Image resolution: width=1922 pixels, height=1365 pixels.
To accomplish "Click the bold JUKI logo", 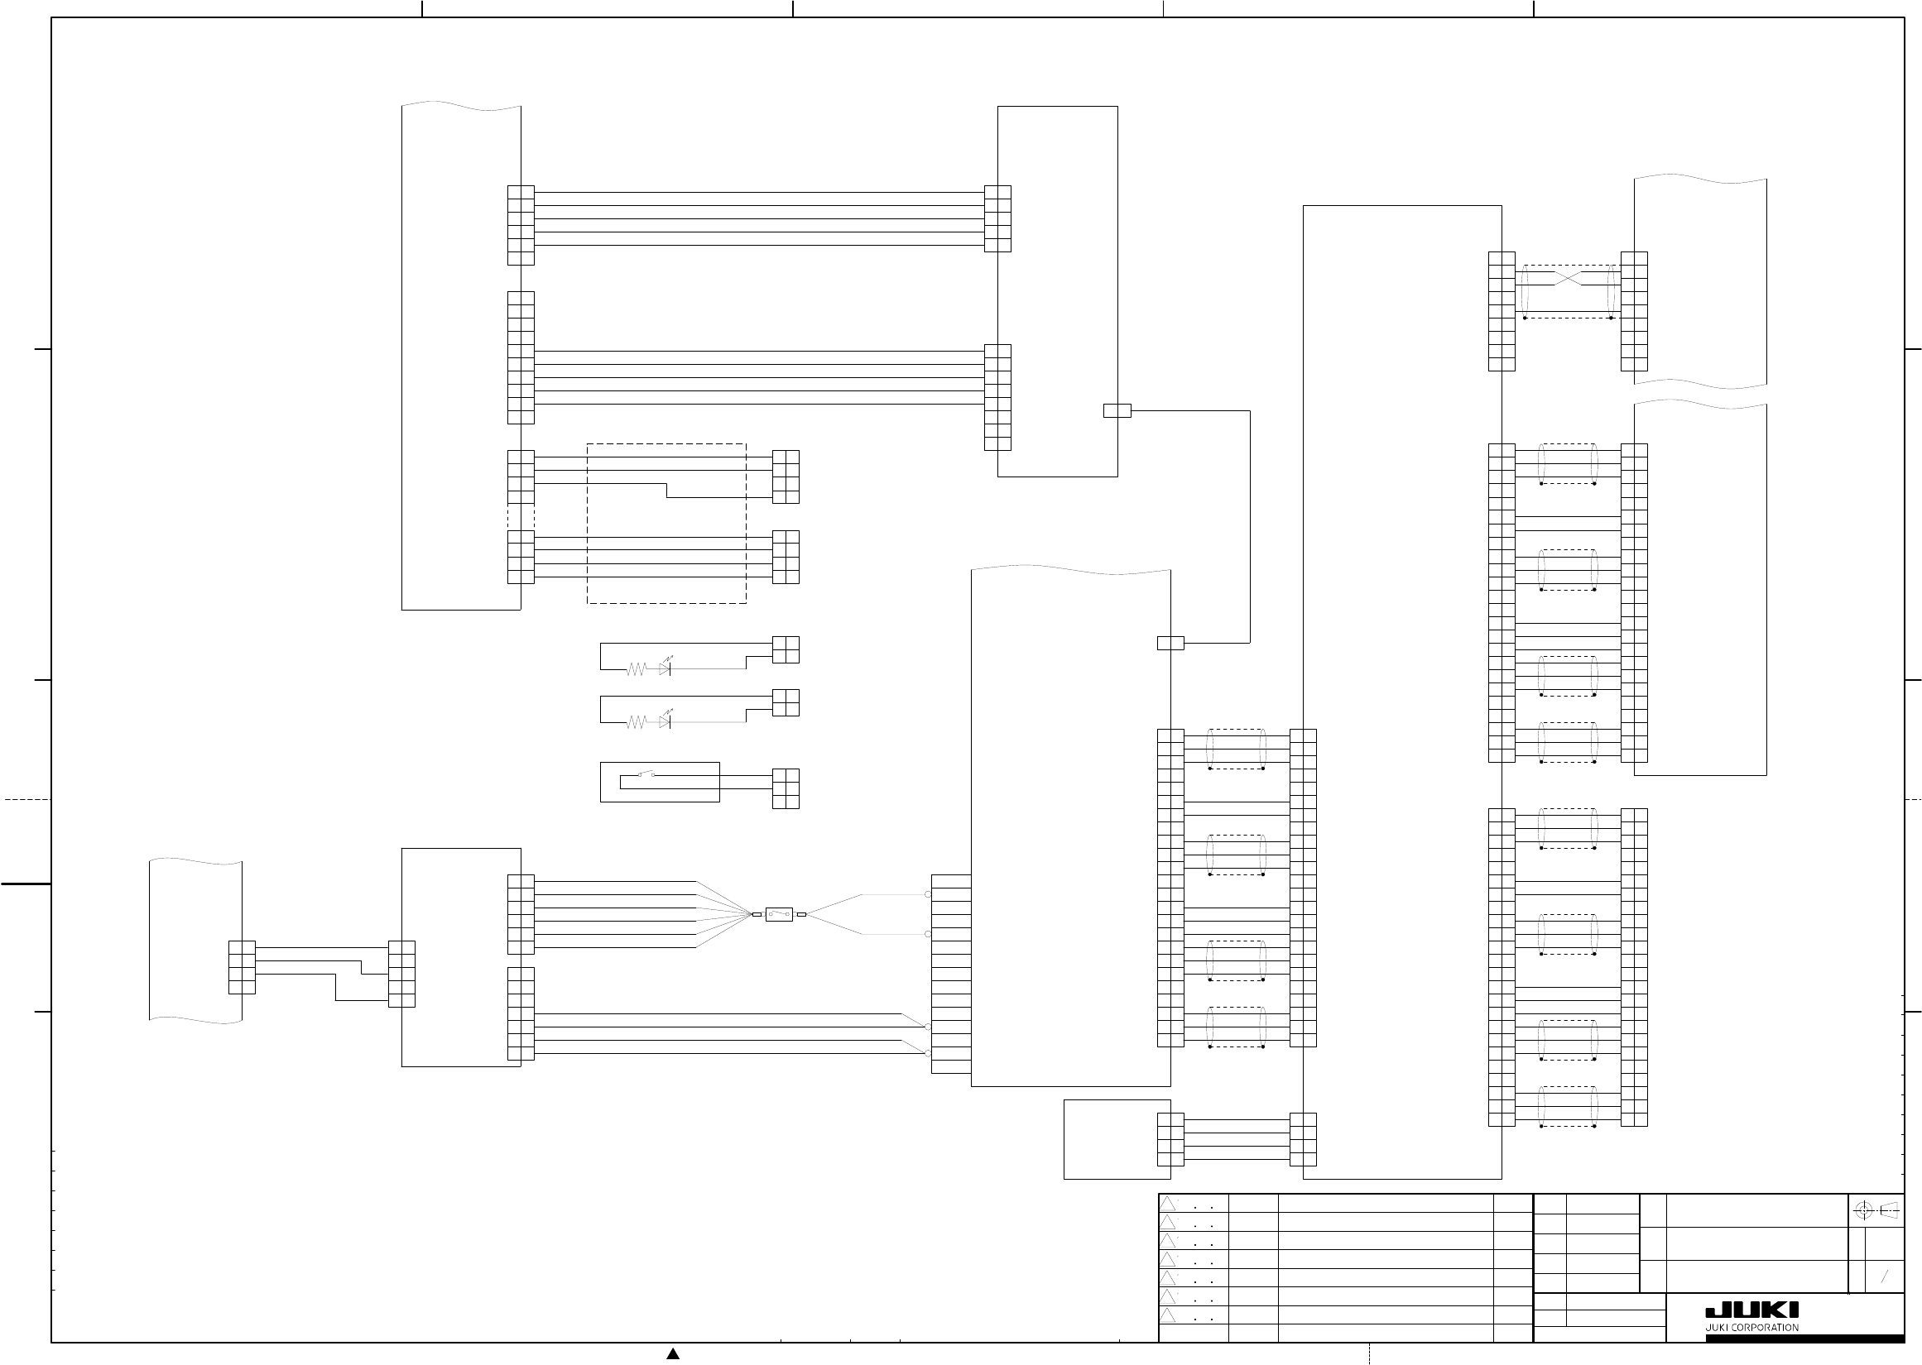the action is click(1752, 1310).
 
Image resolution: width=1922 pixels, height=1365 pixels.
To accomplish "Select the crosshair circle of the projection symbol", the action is click(1863, 1211).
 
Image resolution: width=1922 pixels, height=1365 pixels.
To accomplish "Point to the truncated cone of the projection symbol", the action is click(1888, 1211).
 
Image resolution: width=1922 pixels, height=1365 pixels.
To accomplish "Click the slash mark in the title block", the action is click(1884, 1276).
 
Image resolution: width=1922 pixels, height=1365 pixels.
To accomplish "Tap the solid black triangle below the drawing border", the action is click(673, 1353).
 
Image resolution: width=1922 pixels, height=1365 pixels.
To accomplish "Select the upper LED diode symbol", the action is click(665, 669).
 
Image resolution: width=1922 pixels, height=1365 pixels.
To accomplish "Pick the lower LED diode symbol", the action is click(665, 722).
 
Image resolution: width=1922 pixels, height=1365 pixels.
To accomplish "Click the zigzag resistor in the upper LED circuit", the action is click(636, 669).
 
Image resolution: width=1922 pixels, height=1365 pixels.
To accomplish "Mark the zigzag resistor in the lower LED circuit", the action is click(636, 722).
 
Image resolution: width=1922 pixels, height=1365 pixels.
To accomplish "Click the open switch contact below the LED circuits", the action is click(646, 774).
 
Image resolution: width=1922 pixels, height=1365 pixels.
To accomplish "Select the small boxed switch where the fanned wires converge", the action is click(779, 913).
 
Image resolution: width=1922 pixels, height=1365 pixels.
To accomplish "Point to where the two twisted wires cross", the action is click(1568, 278).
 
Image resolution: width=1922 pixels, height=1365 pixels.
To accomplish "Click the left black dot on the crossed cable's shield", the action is click(1526, 318).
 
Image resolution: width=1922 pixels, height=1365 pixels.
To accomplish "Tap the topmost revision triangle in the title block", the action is click(1168, 1204).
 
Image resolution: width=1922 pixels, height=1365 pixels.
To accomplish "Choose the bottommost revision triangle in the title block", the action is click(1168, 1315).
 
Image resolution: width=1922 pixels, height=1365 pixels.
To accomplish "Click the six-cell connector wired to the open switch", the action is click(786, 788).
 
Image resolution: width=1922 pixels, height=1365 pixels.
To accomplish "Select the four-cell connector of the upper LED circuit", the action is click(786, 649).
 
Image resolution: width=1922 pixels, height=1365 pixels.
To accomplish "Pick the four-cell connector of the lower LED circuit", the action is click(786, 702).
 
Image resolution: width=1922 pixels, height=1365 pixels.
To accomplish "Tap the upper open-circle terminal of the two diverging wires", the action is click(928, 894).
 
